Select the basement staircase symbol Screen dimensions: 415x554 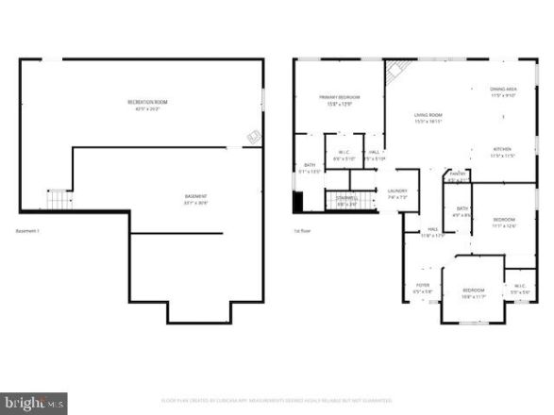(59, 200)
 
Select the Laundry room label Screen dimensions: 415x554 (396, 194)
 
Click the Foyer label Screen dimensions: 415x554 (422, 287)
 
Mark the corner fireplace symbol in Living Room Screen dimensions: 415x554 (398, 69)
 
